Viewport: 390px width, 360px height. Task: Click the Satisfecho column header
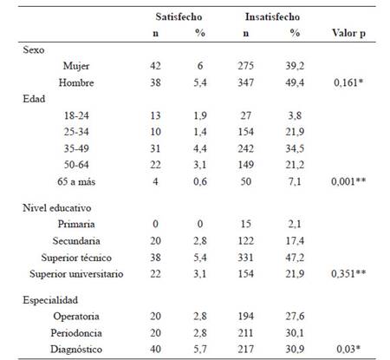pos(179,16)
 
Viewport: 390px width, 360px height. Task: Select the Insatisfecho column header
pos(272,16)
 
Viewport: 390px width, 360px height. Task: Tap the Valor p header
pos(348,33)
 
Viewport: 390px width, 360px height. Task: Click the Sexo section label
pos(34,49)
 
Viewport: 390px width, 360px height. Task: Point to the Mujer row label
pos(76,66)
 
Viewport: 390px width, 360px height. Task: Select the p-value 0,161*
pos(348,82)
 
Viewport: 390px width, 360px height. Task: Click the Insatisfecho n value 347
pos(245,82)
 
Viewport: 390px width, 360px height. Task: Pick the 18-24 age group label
pos(76,115)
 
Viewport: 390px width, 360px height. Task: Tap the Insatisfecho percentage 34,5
pos(295,148)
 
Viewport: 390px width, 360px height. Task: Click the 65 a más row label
pos(76,181)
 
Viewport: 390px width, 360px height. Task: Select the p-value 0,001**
pos(348,181)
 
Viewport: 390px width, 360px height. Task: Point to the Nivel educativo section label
pos(57,208)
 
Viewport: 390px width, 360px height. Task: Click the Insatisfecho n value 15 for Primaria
pos(245,224)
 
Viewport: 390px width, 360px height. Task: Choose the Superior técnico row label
pos(76,258)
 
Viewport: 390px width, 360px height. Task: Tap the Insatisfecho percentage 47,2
pos(295,258)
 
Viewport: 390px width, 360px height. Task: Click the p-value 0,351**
pos(348,273)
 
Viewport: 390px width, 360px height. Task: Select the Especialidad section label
pos(50,300)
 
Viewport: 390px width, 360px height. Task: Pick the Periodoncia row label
pos(76,333)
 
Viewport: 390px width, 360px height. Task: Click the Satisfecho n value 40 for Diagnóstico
pos(155,349)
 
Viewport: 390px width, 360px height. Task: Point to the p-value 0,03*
pos(348,349)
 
